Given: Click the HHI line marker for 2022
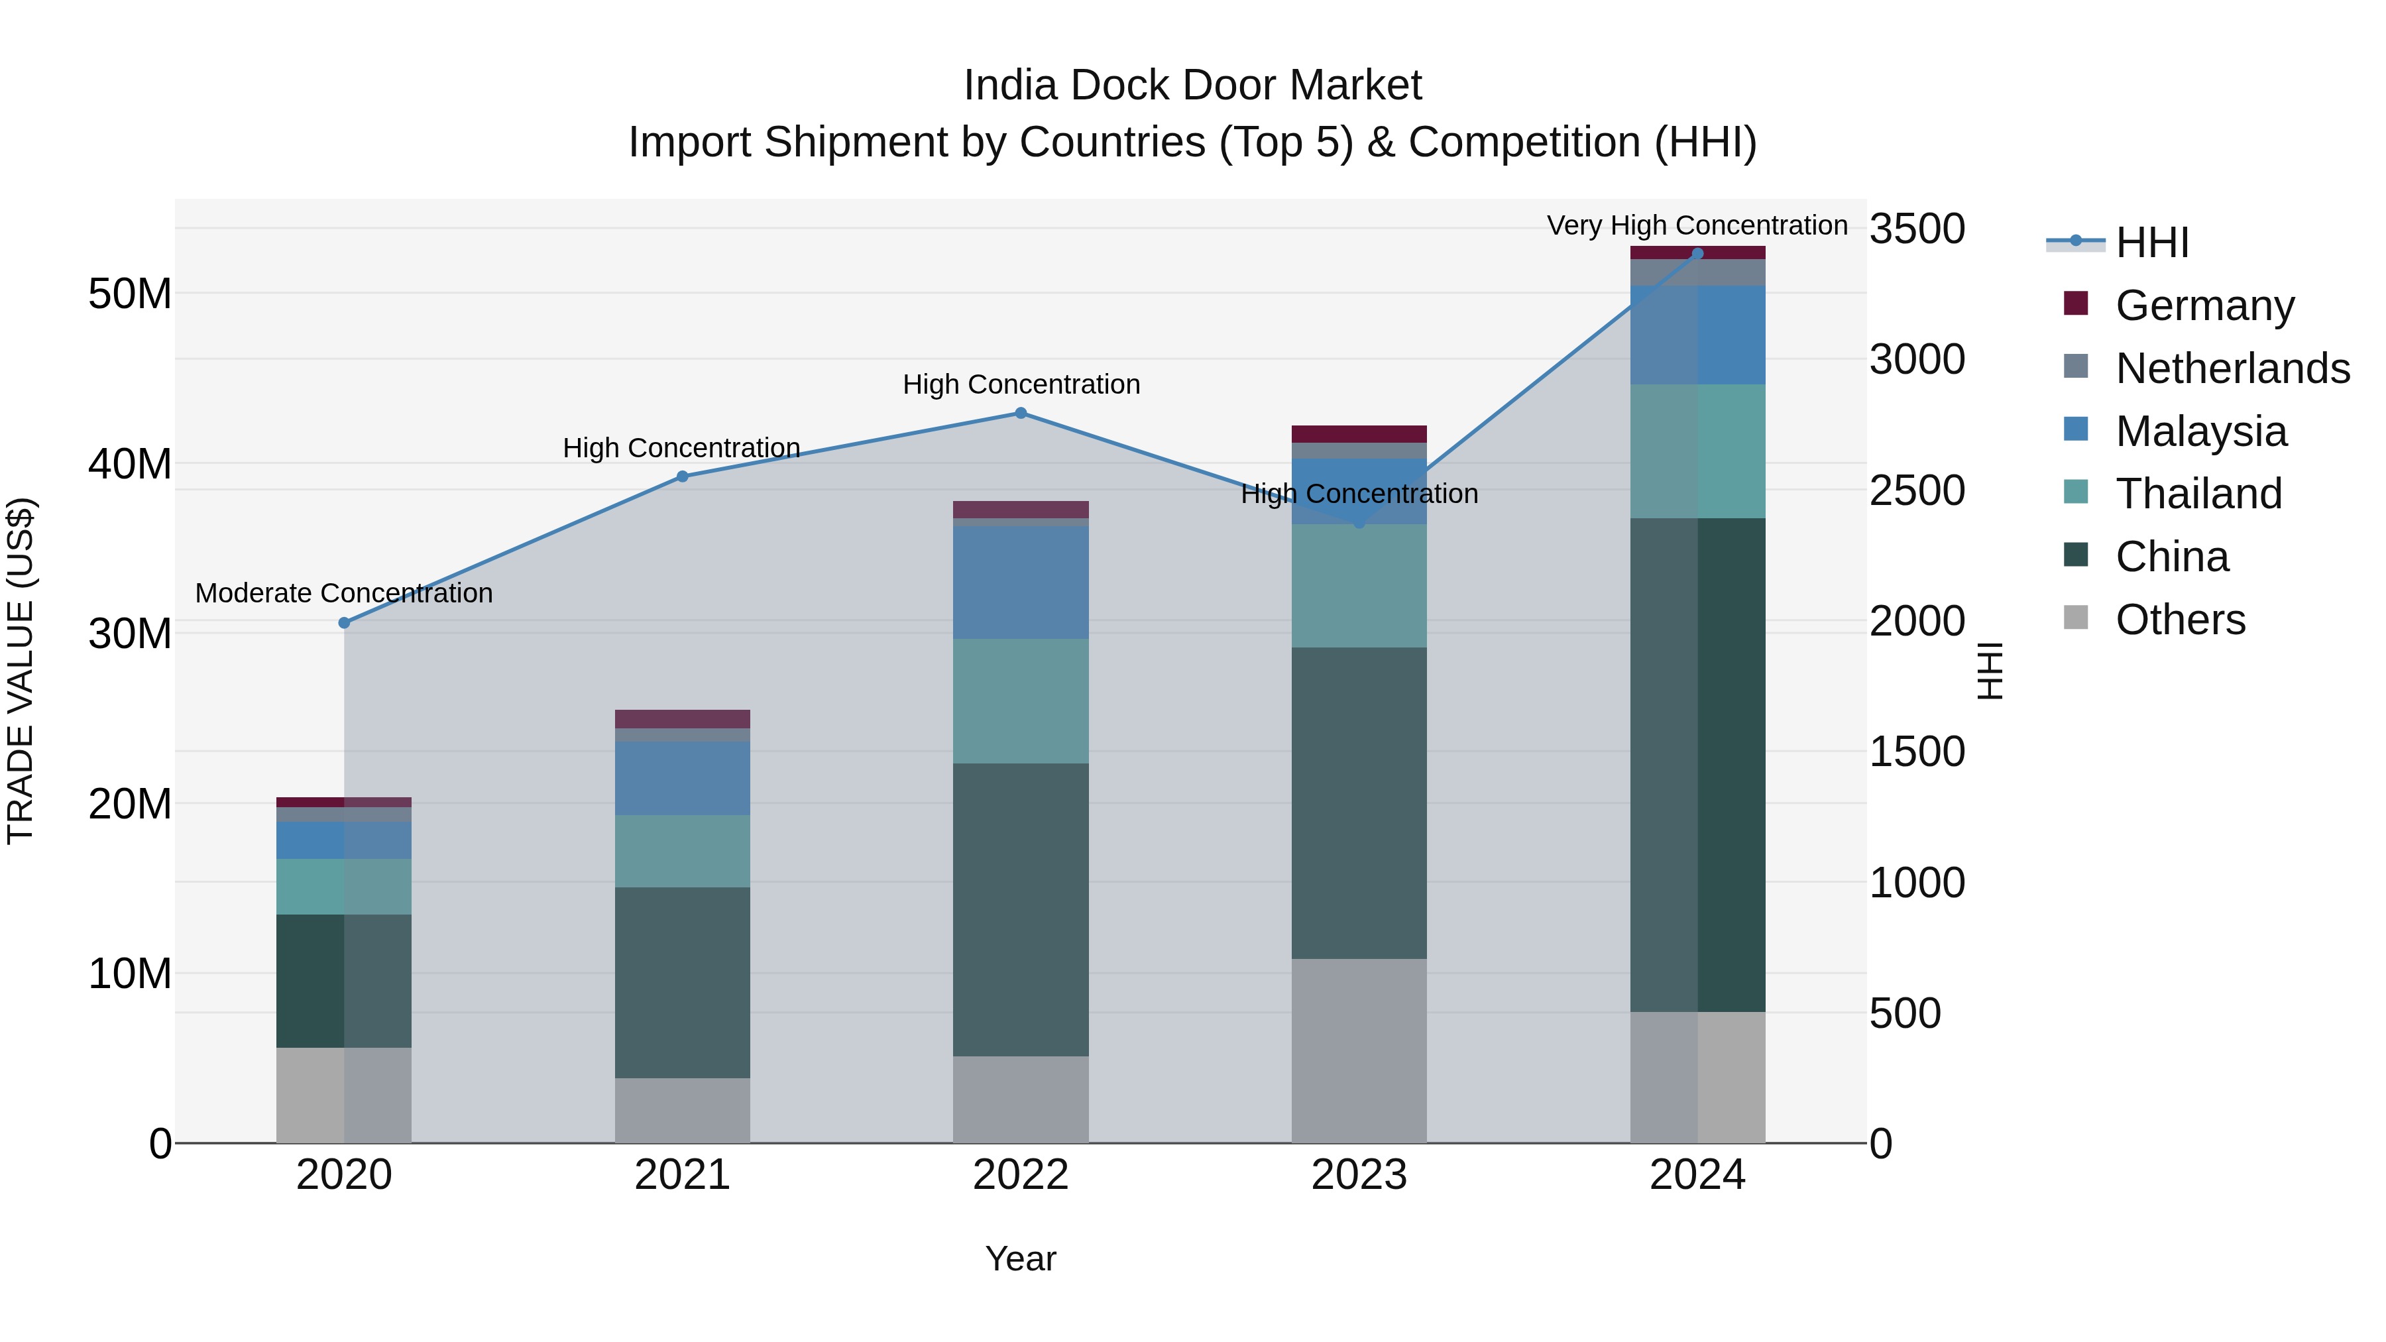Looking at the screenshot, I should click(1021, 413).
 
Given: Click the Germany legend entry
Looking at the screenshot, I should click(2204, 306).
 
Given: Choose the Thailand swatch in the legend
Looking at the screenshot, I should click(2076, 492).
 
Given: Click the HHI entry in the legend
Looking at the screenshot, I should click(2151, 243).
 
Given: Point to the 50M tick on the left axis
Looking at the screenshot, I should click(130, 294).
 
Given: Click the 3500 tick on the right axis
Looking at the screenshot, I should click(1916, 229).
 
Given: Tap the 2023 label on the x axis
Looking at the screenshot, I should click(1359, 1175).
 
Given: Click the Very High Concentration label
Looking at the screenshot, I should click(1697, 225).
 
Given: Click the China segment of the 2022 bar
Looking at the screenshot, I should click(1021, 909).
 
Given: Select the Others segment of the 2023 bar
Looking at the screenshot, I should click(1359, 1051).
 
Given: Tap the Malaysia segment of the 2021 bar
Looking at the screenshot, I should click(683, 778).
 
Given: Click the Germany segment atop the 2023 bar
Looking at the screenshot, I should click(1359, 434).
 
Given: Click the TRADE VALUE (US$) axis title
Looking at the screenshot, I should click(21, 671).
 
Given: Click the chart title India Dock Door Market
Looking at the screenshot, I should click(1192, 85).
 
